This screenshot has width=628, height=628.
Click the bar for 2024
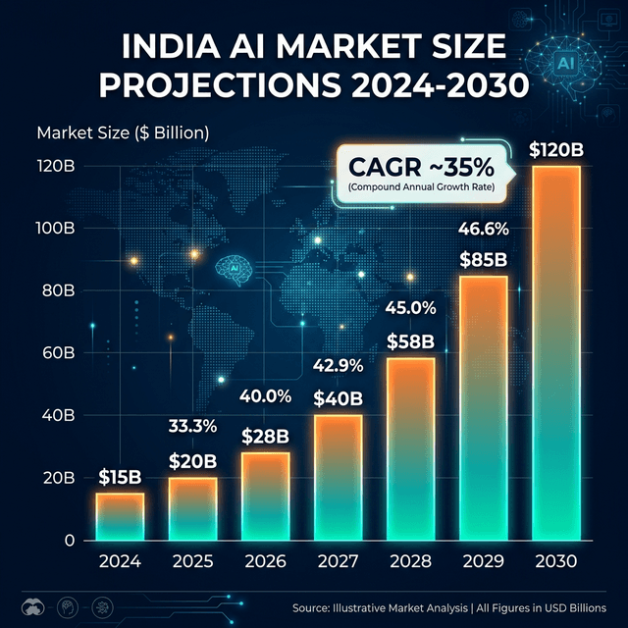click(120, 516)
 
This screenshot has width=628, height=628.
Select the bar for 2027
click(338, 477)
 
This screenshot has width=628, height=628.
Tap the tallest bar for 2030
click(554, 353)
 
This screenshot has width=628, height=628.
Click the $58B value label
click(410, 342)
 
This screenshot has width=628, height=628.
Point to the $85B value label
click(483, 261)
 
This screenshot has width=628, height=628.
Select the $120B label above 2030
click(554, 149)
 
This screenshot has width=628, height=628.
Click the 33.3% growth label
click(192, 427)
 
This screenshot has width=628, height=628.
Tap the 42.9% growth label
click(338, 366)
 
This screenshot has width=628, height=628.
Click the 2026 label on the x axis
click(265, 563)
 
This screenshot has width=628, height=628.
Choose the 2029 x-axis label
click(483, 563)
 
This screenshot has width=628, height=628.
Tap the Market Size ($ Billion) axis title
click(123, 131)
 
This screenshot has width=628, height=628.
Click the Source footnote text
click(456, 605)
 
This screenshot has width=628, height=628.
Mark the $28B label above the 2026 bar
click(265, 435)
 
